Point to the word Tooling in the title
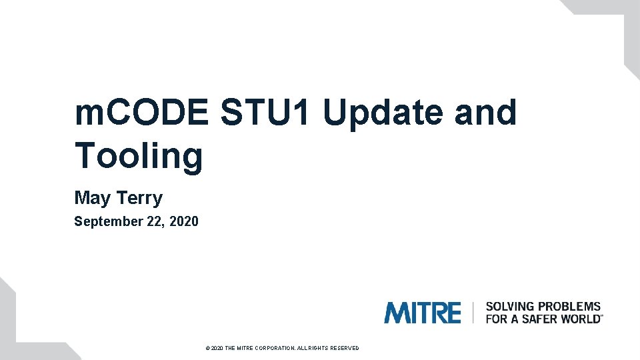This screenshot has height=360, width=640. coord(139,155)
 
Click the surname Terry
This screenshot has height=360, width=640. coord(139,198)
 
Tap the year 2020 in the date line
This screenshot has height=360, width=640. coord(184,221)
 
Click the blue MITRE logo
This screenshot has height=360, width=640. coord(422,313)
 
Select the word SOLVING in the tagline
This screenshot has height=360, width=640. coord(510,307)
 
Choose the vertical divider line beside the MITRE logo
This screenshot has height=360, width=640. coord(473,313)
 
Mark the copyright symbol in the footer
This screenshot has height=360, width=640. coord(208,348)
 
